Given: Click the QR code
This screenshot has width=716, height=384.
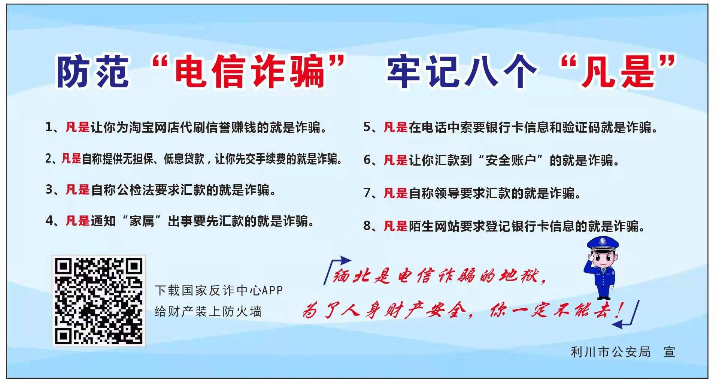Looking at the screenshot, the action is pyautogui.click(x=98, y=301).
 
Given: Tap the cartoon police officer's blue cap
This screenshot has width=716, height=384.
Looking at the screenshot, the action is pyautogui.click(x=603, y=244).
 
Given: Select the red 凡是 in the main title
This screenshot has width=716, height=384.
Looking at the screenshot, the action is pyautogui.click(x=618, y=72).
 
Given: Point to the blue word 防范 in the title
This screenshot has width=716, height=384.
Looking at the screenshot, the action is pyautogui.click(x=92, y=72).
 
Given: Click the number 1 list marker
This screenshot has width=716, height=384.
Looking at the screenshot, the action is pyautogui.click(x=49, y=127).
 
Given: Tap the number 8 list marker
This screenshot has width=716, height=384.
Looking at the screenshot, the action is pyautogui.click(x=367, y=226).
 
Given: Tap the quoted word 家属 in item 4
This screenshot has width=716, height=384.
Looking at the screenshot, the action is pyautogui.click(x=142, y=221).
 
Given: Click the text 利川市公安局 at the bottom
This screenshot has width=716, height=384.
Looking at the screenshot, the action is pyautogui.click(x=610, y=352).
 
